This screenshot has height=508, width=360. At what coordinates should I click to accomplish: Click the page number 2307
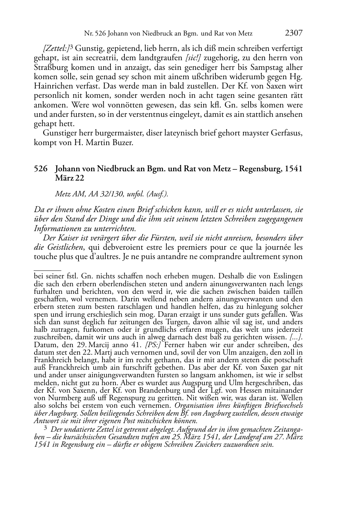pos(294,33)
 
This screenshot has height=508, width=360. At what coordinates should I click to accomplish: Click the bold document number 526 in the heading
pos(41,169)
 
